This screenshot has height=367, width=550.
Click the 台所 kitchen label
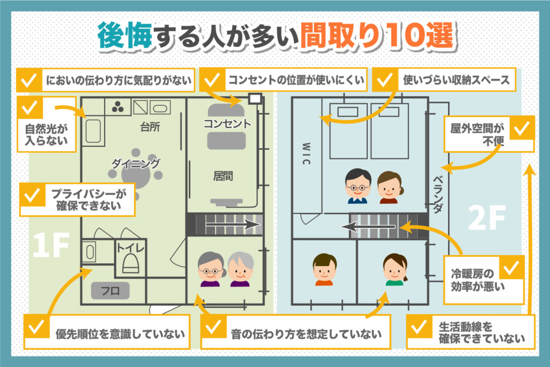(x=150, y=127)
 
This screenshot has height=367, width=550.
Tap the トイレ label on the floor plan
(x=130, y=248)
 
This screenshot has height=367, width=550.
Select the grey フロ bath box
(x=110, y=291)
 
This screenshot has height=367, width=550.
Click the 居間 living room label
(x=223, y=175)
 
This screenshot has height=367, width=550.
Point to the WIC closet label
(x=306, y=153)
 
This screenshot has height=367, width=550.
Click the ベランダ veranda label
(x=438, y=195)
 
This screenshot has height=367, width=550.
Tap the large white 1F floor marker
(x=51, y=245)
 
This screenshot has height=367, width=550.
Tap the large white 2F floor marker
(x=487, y=218)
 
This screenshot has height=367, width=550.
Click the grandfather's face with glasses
(x=211, y=269)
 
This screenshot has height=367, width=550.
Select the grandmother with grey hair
(x=241, y=269)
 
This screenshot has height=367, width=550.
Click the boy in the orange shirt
(x=324, y=269)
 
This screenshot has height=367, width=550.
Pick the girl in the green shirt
(x=395, y=269)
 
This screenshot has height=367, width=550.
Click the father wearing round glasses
(x=357, y=186)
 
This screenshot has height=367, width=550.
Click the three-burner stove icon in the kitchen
(x=118, y=107)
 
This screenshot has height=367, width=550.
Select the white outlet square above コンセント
(x=255, y=98)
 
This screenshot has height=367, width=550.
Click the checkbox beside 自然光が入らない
(x=30, y=107)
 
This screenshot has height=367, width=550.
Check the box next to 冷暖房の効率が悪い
(x=511, y=268)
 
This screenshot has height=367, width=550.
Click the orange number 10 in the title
(x=406, y=35)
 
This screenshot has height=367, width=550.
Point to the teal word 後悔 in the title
(x=125, y=35)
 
